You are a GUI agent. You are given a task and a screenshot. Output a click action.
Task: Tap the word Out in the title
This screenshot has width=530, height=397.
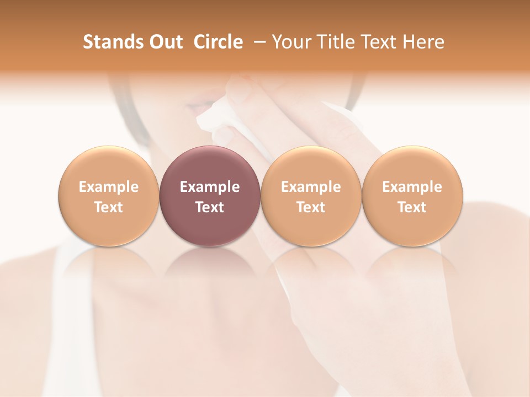pyautogui.click(x=166, y=42)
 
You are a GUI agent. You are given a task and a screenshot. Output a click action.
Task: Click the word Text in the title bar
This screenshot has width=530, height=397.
pyautogui.click(x=378, y=42)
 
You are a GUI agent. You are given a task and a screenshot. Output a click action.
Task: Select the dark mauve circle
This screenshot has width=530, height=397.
pyautogui.click(x=210, y=196)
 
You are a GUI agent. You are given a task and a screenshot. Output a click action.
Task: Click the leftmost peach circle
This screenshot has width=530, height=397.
pyautogui.click(x=108, y=196)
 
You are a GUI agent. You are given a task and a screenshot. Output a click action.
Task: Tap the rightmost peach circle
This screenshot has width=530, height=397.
pyautogui.click(x=412, y=196)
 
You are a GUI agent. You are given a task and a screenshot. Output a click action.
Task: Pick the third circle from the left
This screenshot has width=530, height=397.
pyautogui.click(x=311, y=196)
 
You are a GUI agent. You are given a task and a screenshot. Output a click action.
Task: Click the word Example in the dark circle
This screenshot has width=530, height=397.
pyautogui.click(x=210, y=187)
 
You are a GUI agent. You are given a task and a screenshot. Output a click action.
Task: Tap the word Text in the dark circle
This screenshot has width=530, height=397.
pyautogui.click(x=210, y=207)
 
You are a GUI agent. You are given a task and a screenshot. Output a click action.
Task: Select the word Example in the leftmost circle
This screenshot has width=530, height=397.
pyautogui.click(x=108, y=187)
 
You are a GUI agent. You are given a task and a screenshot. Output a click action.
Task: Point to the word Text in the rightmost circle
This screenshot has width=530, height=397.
pyautogui.click(x=412, y=207)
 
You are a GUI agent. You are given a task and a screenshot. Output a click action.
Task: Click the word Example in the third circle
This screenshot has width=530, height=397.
pyautogui.click(x=311, y=187)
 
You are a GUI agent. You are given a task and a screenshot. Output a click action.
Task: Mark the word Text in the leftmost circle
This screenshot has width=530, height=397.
pyautogui.click(x=108, y=207)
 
